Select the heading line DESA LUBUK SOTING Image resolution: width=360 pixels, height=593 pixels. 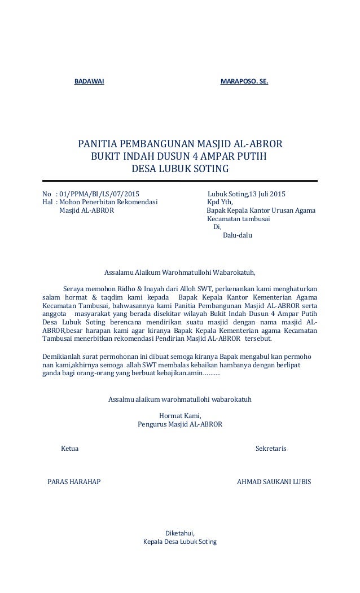180,169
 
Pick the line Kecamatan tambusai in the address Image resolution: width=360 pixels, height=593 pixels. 238,219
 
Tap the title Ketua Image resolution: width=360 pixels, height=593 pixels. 70,449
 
